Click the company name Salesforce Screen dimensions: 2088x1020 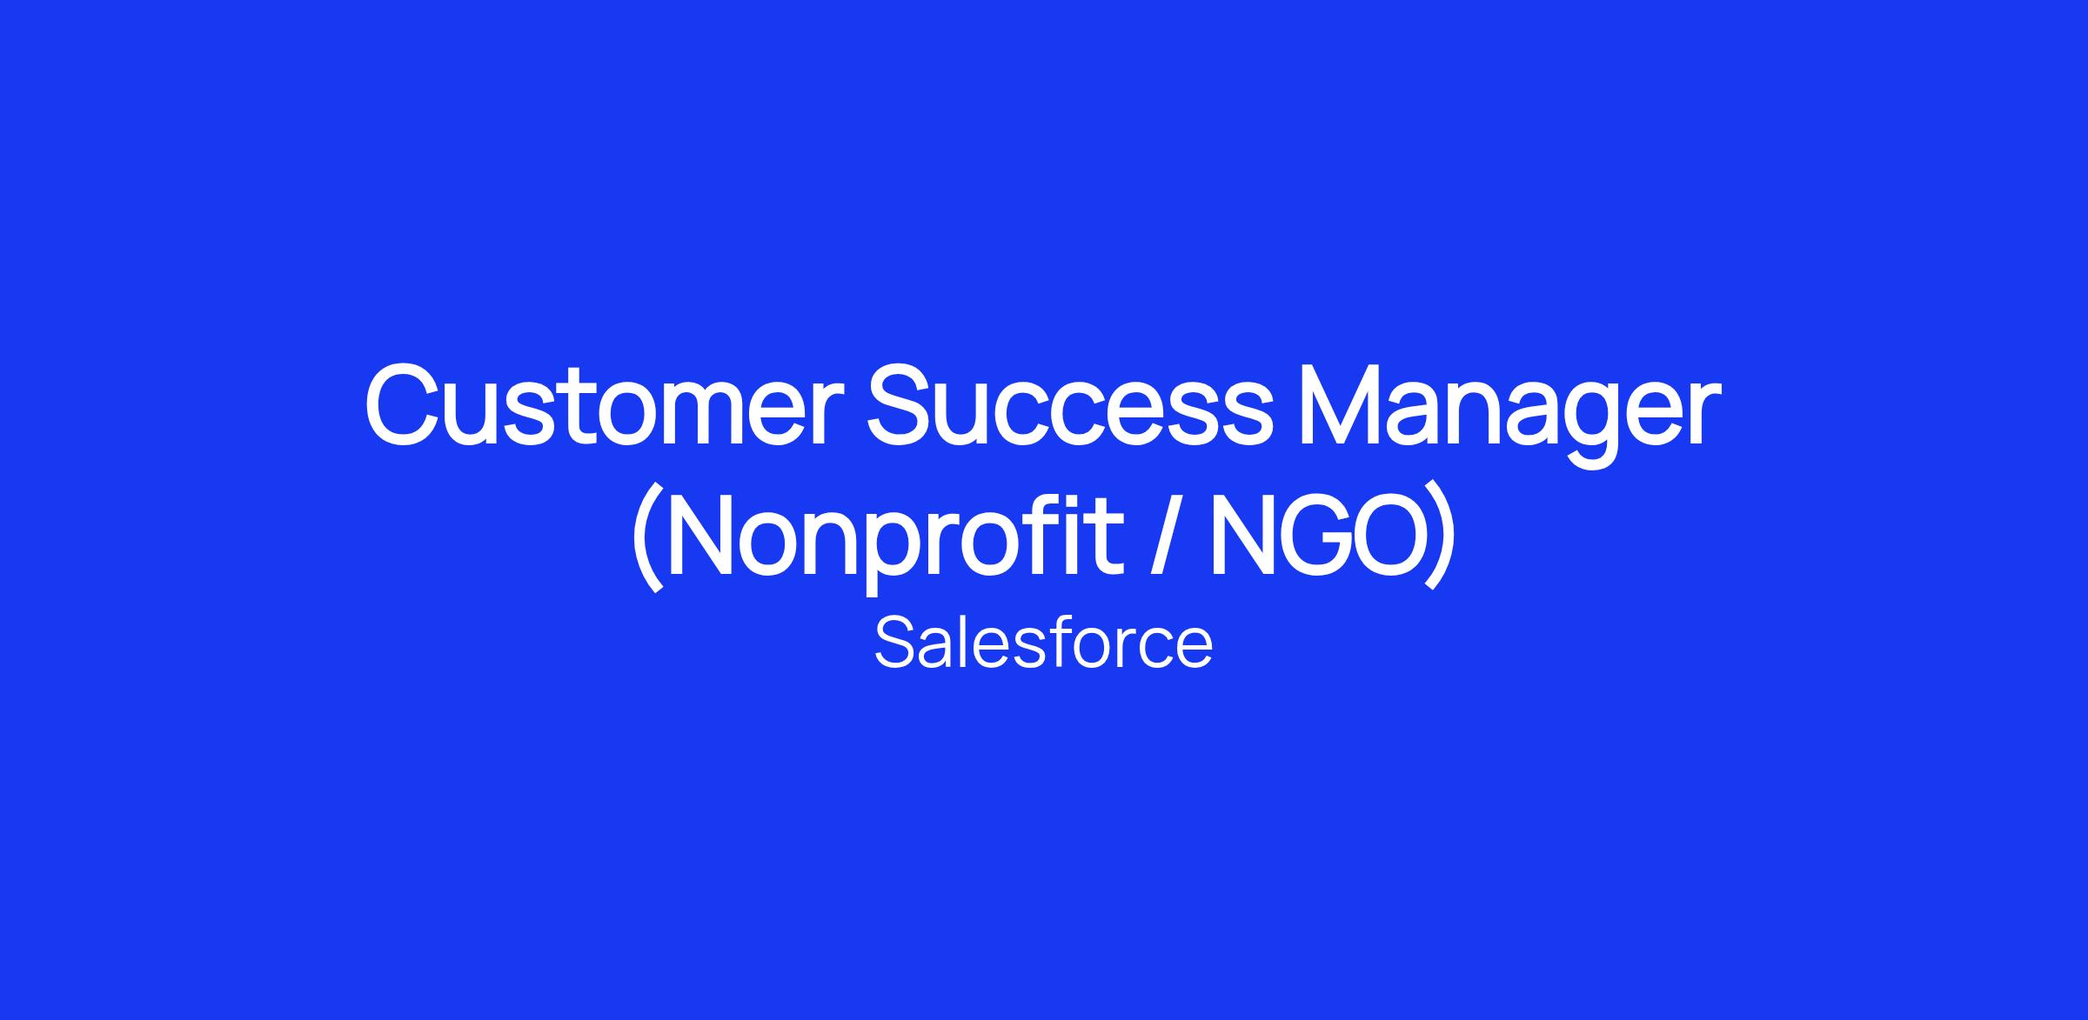(1043, 643)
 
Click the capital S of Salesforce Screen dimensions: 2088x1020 (896, 643)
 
